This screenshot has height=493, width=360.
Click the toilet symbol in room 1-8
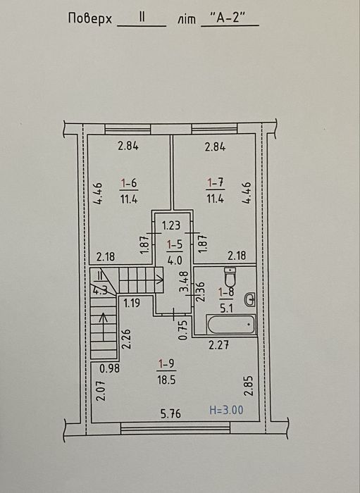click(230, 277)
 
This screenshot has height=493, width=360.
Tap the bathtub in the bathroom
click(231, 325)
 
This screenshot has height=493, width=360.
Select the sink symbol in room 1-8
click(249, 299)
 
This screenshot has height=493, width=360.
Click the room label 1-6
click(129, 183)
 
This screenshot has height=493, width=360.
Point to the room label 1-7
click(216, 182)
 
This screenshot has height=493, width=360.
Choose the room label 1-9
click(166, 364)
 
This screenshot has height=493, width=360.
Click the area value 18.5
click(166, 380)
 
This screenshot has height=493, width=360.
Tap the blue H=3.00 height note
click(226, 410)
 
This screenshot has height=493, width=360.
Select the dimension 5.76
click(170, 413)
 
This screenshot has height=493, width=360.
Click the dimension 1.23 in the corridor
click(171, 225)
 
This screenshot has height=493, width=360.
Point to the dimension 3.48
click(184, 282)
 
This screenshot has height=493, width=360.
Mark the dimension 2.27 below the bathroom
click(219, 345)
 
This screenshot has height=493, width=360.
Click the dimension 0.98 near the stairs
click(109, 368)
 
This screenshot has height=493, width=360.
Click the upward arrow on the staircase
click(104, 327)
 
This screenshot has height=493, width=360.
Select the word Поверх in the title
click(90, 18)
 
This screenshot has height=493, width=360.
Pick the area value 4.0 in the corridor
click(175, 261)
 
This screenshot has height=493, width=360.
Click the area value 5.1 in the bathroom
click(226, 308)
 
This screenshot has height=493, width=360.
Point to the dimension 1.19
click(132, 304)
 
